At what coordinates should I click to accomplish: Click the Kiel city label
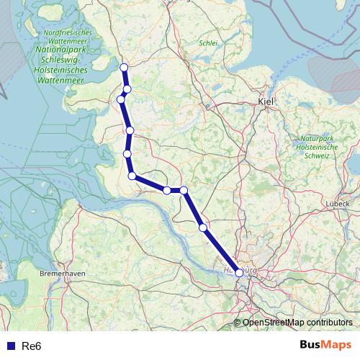[x=266, y=102]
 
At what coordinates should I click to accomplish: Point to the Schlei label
[x=207, y=42]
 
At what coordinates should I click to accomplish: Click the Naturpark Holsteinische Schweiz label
[x=317, y=146]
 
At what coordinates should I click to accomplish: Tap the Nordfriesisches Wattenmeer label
[x=67, y=37]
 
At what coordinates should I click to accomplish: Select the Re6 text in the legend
[x=32, y=346]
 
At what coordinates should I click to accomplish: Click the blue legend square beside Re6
[x=10, y=346]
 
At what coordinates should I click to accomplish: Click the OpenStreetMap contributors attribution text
[x=297, y=323]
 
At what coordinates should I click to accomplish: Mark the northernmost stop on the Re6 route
[x=124, y=67]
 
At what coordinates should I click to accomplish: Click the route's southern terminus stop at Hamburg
[x=239, y=273]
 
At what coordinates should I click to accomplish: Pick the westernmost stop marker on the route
[x=122, y=99]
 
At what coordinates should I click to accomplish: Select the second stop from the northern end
[x=127, y=89]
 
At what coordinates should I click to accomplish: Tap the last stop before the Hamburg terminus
[x=203, y=228]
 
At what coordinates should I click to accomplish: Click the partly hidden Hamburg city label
[x=241, y=269]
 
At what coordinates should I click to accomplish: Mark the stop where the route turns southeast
[x=132, y=176]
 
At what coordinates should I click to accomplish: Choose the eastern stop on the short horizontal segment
[x=184, y=190]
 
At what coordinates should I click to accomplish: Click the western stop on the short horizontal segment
[x=167, y=190]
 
